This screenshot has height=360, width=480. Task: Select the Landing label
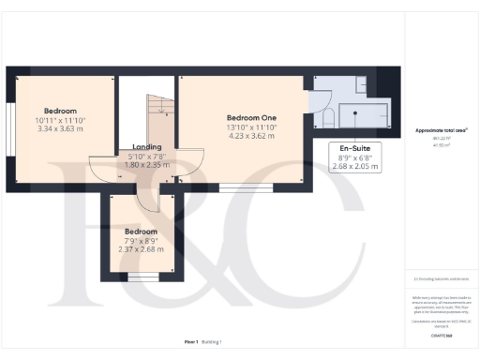click(147, 146)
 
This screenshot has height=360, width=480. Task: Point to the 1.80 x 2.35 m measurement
click(147, 164)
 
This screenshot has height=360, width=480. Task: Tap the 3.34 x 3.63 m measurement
click(59, 128)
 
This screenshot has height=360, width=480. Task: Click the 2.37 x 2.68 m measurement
click(141, 249)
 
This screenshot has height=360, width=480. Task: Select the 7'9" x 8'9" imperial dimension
click(141, 240)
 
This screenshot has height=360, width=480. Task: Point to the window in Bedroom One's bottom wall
click(234, 187)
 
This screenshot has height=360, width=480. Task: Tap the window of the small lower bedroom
click(142, 277)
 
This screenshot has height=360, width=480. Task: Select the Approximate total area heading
click(441, 130)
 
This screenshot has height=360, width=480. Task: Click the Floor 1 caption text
click(191, 343)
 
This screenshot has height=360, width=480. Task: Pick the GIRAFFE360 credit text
click(442, 335)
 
